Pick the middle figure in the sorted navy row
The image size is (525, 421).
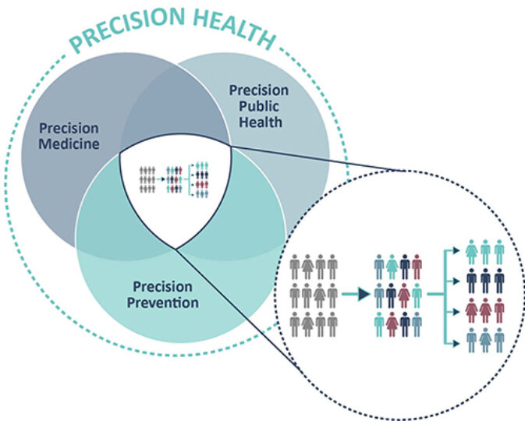tap(485, 281)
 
